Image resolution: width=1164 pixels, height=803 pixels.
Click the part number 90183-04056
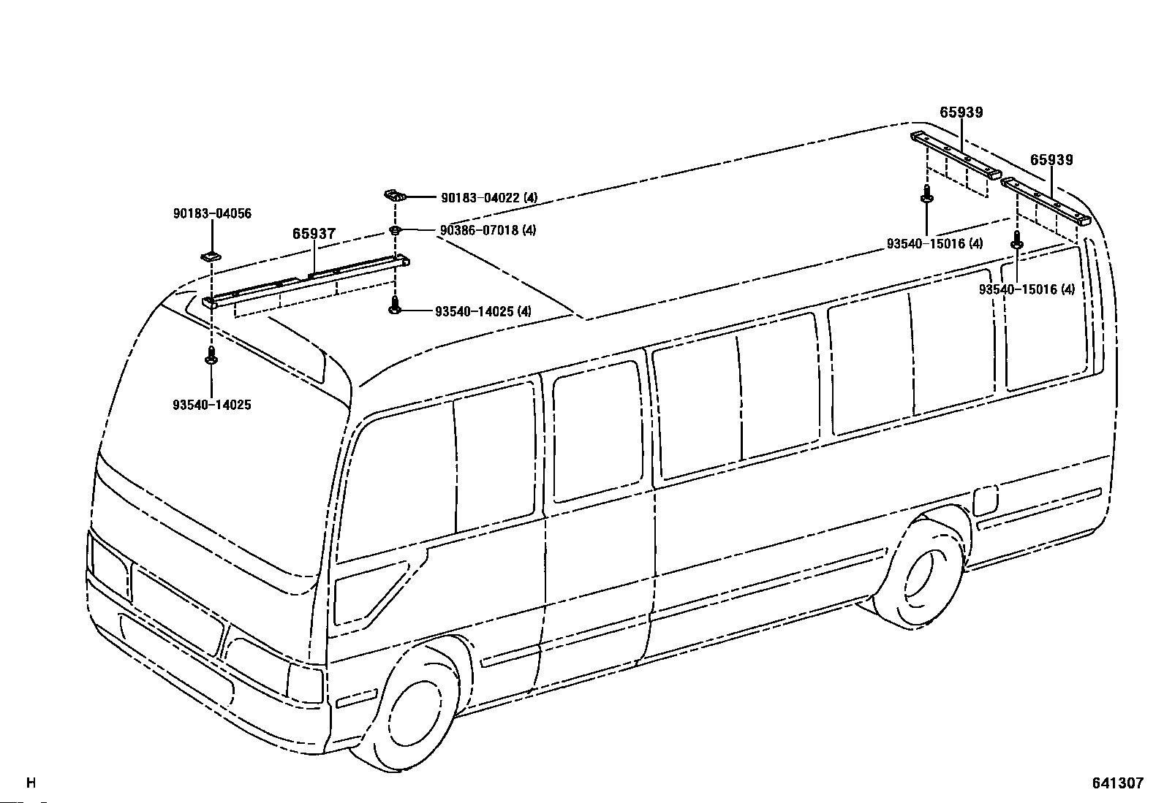[x=212, y=213]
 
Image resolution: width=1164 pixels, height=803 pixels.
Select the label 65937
[x=314, y=234]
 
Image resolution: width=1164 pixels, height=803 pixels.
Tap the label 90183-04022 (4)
[x=489, y=198]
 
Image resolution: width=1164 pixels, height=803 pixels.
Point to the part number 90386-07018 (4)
[x=488, y=230]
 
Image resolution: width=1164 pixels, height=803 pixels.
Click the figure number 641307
[x=1118, y=783]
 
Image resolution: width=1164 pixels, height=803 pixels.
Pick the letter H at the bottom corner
[x=31, y=783]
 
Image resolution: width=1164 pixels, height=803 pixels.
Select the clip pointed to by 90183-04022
[x=395, y=196]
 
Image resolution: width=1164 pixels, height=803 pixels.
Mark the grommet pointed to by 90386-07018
[x=394, y=230]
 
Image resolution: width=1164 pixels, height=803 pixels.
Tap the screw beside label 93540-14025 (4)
[x=395, y=306]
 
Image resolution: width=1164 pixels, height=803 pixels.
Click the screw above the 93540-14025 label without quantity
[x=211, y=356]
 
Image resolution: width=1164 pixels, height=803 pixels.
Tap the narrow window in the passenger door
[x=597, y=431]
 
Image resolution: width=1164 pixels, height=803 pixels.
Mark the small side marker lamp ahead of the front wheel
[x=357, y=699]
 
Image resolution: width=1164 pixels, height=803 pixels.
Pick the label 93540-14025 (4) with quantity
[x=483, y=311]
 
